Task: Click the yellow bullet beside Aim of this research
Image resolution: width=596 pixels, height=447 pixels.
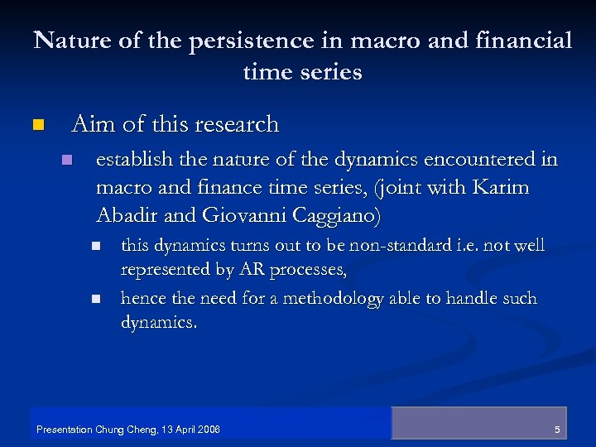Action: [x=36, y=126]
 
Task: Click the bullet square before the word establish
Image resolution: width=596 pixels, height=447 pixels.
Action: [x=67, y=159]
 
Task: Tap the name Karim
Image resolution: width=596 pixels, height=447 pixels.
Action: [x=502, y=189]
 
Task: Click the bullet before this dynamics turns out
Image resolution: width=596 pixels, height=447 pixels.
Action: [x=95, y=247]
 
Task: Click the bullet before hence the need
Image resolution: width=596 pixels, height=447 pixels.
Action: [x=95, y=299]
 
